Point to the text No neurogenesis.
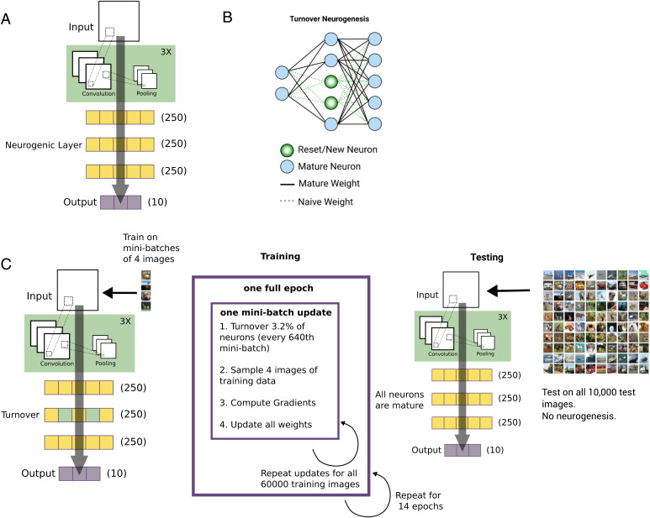[x=579, y=402]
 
